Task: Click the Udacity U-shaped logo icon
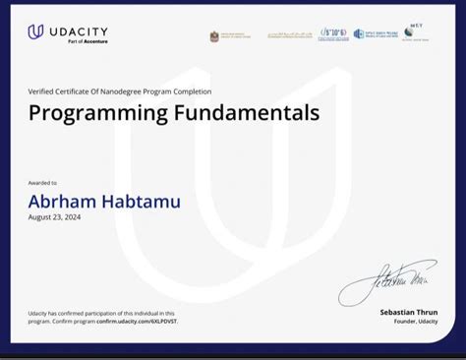click(x=36, y=32)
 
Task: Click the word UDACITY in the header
click(x=77, y=30)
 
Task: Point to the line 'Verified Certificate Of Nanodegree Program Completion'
click(x=119, y=91)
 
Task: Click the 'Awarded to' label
click(x=42, y=183)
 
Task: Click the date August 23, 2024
click(x=54, y=217)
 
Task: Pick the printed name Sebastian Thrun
click(x=409, y=312)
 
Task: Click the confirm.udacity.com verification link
click(x=138, y=322)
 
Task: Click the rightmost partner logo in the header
click(x=415, y=33)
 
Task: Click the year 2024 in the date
click(x=71, y=217)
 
